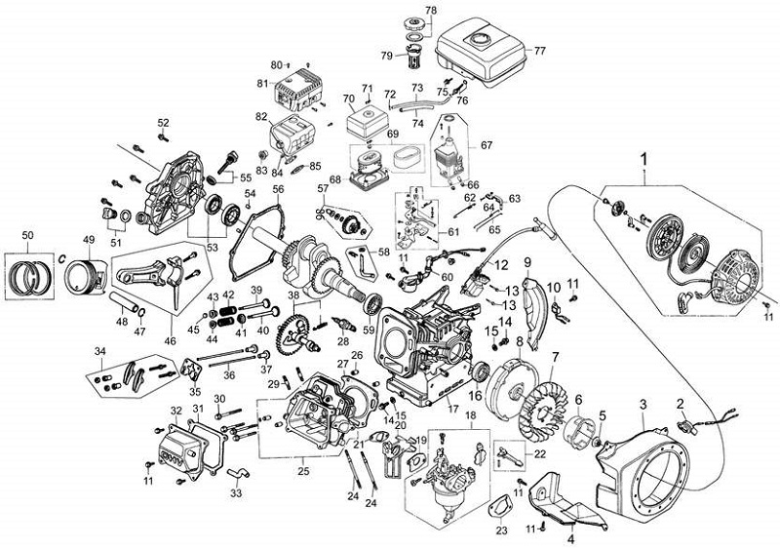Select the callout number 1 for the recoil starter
644,156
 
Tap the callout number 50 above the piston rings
27,237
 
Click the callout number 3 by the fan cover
643,403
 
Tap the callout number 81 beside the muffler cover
261,83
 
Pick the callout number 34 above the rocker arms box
99,350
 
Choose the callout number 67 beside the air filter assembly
487,145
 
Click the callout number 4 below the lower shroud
571,537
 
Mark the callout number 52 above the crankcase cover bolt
163,122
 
